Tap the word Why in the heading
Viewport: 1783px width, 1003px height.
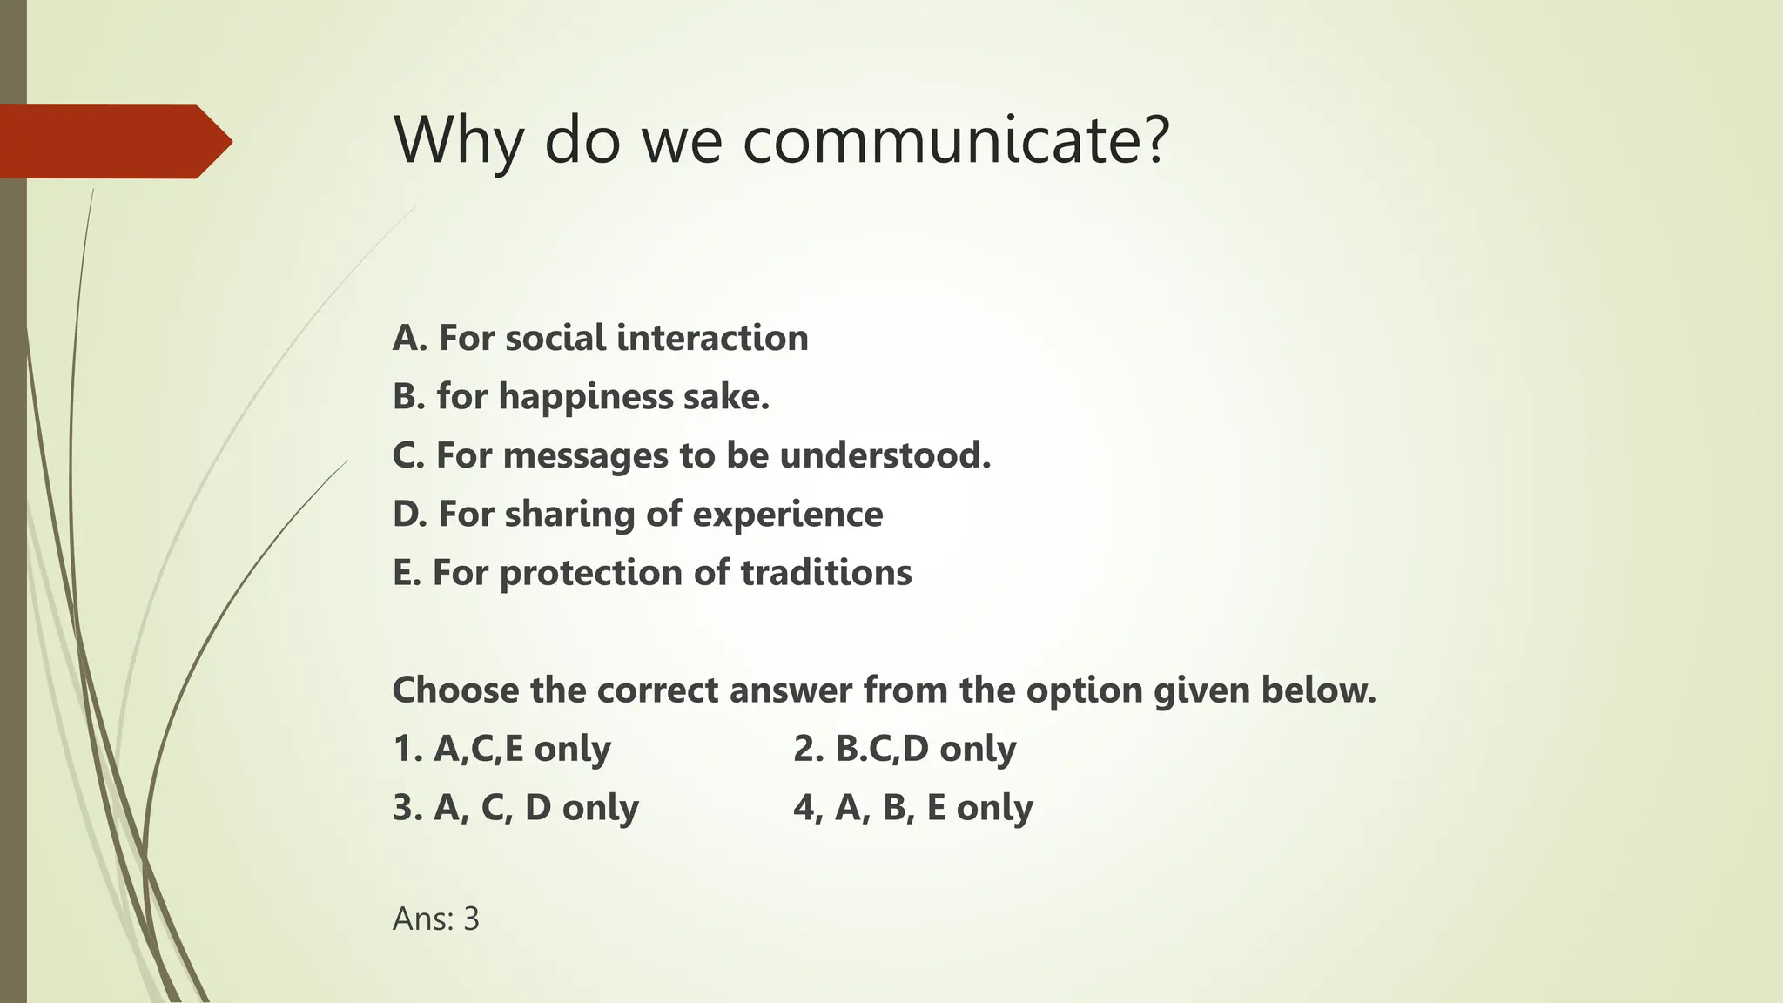coord(458,140)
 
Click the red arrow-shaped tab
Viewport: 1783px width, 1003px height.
coord(113,141)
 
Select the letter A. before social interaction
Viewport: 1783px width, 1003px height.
coord(410,338)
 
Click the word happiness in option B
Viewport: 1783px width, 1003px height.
coord(586,397)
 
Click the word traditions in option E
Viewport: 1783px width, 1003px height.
coord(825,573)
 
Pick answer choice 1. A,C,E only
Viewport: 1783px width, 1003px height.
coord(502,749)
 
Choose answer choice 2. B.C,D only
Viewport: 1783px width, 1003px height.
coord(905,749)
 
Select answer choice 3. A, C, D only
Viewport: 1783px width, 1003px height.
coord(515,808)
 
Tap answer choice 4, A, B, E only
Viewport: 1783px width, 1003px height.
coord(912,808)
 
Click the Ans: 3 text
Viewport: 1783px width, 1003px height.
coord(436,919)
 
